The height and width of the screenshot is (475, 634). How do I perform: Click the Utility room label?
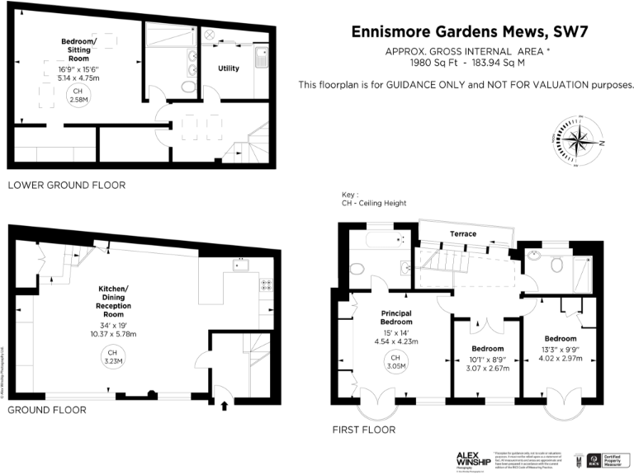pos(229,68)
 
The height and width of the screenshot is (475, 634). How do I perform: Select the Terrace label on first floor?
pos(462,234)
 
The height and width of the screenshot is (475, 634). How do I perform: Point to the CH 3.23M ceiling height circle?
pos(112,356)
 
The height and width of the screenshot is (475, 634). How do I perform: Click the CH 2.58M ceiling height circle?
pos(78,95)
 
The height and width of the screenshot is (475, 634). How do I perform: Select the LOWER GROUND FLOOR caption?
pos(66,186)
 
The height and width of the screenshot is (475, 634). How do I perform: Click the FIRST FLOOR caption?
pos(363,430)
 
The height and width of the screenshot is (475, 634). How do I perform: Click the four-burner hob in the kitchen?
pos(267,286)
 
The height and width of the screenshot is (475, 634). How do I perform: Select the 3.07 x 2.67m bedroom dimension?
pos(485,369)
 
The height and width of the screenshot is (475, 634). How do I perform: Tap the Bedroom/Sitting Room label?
pos(78,49)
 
